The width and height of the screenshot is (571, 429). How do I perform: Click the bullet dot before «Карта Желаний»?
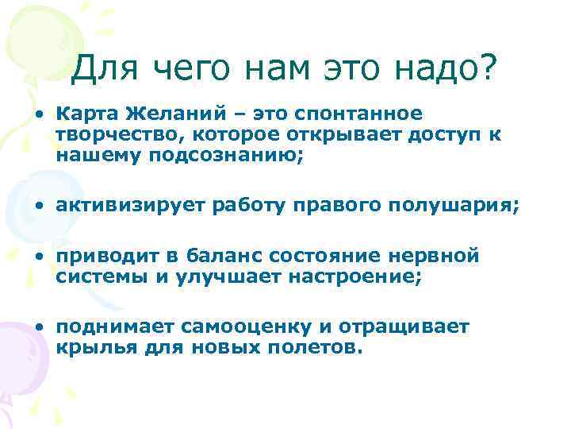pyautogui.click(x=39, y=114)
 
